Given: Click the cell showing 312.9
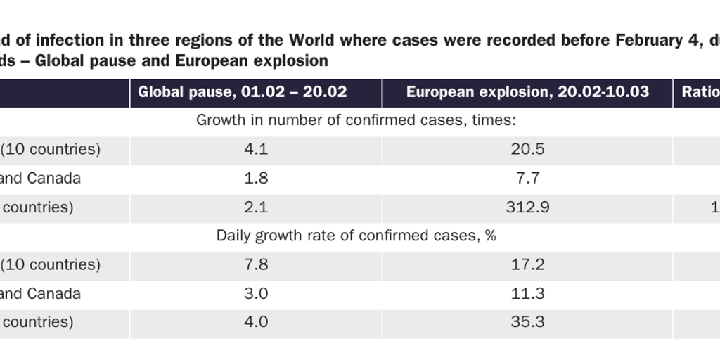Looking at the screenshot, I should [x=527, y=207].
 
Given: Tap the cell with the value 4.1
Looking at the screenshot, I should [x=256, y=149].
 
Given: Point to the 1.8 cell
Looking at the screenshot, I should [x=256, y=179].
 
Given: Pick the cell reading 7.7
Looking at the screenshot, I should [x=527, y=179].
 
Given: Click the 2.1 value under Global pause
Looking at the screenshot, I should [x=256, y=207].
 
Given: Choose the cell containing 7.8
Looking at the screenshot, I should [x=256, y=264].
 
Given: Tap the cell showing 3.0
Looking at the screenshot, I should [x=256, y=293].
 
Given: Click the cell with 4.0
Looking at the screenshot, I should [x=256, y=322].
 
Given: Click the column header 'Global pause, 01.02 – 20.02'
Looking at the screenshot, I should [x=243, y=92].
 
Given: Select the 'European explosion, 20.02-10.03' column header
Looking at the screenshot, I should [x=527, y=92].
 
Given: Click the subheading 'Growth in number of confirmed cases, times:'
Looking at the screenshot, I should [x=356, y=120].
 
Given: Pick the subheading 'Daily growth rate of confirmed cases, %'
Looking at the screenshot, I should [x=356, y=236].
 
